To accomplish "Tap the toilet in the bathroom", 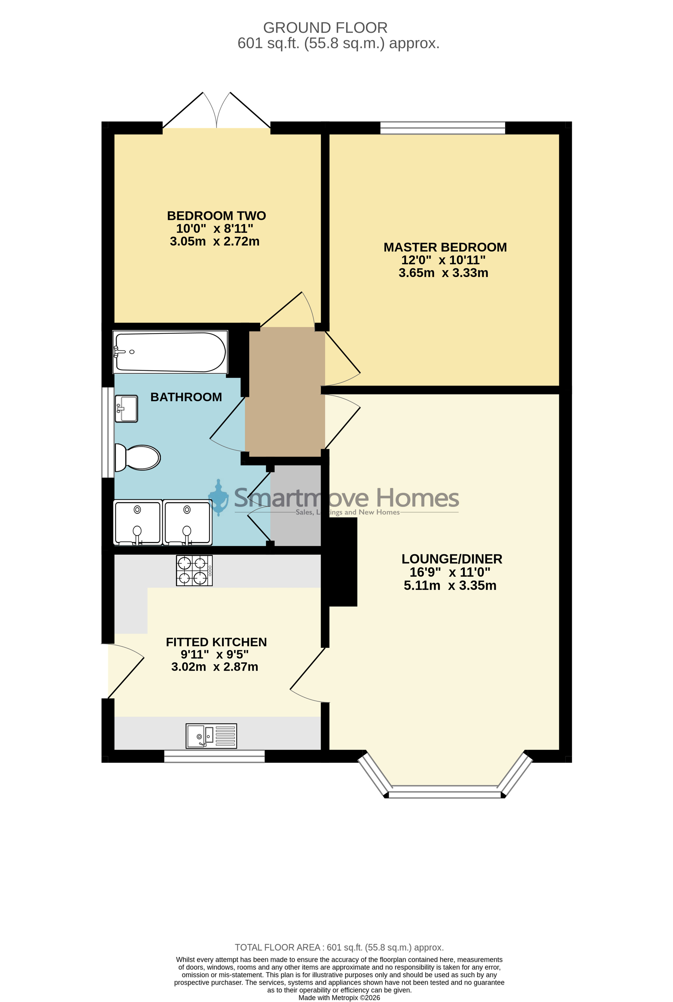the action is pyautogui.click(x=137, y=457).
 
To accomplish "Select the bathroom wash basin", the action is pyautogui.click(x=126, y=409).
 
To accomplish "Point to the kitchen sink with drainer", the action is pyautogui.click(x=211, y=736).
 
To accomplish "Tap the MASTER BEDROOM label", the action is pyautogui.click(x=445, y=247).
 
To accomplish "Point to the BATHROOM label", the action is pyautogui.click(x=186, y=397).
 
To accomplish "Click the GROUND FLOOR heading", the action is pyautogui.click(x=325, y=28).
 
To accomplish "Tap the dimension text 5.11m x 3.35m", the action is pyautogui.click(x=450, y=585).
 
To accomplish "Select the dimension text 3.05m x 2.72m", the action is pyautogui.click(x=215, y=241).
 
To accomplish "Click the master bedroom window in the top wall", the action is pyautogui.click(x=443, y=128).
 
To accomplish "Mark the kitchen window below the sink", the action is pyautogui.click(x=215, y=757).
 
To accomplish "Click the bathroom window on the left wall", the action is pyautogui.click(x=108, y=432).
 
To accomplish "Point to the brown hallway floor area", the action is pyautogui.click(x=285, y=392).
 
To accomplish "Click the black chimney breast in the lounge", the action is pyautogui.click(x=343, y=562).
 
